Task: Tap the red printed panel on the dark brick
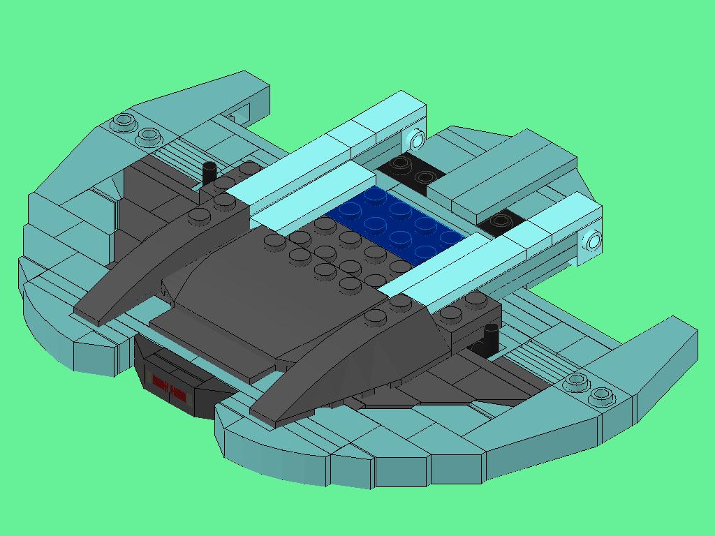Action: point(169,388)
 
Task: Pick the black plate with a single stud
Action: point(500,222)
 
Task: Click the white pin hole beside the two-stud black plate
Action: point(418,140)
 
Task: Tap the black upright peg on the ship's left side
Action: point(208,173)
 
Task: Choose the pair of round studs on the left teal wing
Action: point(136,128)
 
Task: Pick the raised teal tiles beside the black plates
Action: point(503,171)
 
